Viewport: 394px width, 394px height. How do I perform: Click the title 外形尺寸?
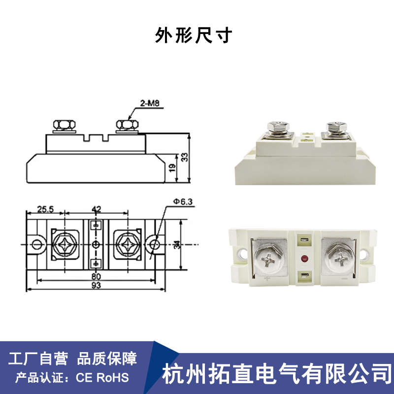(x=193, y=36)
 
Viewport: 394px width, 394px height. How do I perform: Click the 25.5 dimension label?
(x=45, y=209)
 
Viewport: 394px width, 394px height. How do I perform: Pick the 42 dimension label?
(x=97, y=209)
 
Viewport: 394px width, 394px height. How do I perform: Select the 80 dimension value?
(x=97, y=277)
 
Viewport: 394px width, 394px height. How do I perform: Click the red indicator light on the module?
(x=304, y=258)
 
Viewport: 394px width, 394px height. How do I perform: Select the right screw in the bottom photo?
(x=338, y=258)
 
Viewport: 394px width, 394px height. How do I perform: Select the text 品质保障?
(x=107, y=359)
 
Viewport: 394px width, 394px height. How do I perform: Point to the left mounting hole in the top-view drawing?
(x=36, y=244)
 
